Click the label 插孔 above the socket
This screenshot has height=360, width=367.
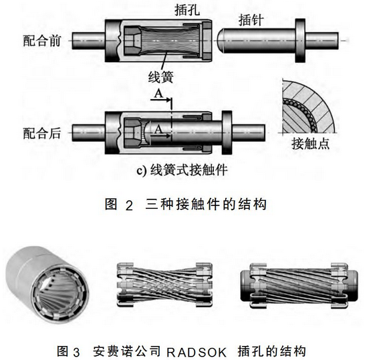click(187, 10)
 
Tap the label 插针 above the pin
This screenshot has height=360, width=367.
click(251, 20)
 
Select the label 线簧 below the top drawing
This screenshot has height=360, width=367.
click(161, 76)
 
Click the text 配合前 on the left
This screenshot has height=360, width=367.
click(42, 41)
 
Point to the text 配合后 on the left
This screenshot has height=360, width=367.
click(42, 133)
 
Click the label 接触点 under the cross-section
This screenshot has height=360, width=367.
click(311, 143)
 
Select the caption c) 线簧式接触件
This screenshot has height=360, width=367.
click(182, 170)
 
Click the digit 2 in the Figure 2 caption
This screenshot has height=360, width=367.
click(129, 206)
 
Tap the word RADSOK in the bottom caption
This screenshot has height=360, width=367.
click(197, 352)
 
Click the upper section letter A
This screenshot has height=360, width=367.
click(158, 94)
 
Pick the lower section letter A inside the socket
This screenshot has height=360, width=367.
click(158, 129)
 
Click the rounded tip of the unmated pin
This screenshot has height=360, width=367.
click(221, 40)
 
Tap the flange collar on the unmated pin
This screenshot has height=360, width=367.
click(300, 41)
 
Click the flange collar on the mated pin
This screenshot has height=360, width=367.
click(227, 132)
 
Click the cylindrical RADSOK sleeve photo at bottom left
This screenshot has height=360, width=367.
click(47, 285)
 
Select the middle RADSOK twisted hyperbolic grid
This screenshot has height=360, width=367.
click(164, 284)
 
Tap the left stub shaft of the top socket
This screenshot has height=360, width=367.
click(88, 41)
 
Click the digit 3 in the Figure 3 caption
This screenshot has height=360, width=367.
click(76, 353)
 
